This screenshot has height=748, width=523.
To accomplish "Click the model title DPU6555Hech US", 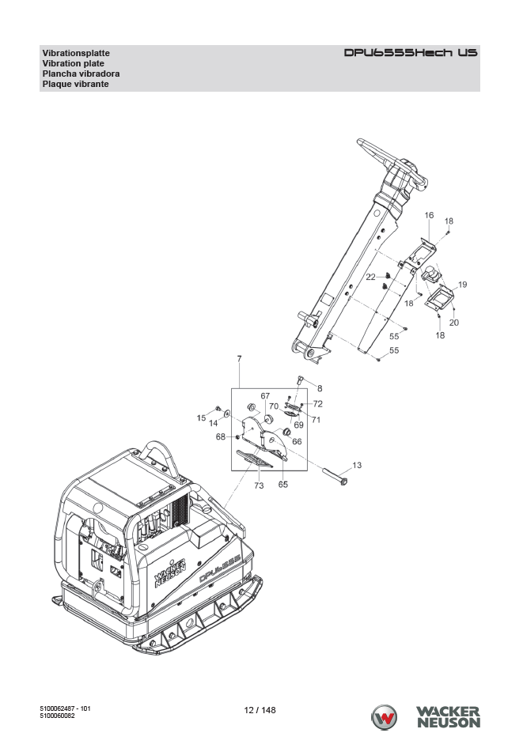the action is (411, 52).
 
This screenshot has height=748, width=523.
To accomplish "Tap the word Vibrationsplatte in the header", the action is (76, 53).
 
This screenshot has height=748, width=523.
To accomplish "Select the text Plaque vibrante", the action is (75, 84).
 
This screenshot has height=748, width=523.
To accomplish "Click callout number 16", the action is (429, 215).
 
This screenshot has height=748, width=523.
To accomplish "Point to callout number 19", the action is (462, 285).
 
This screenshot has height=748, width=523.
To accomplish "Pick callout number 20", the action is (454, 323).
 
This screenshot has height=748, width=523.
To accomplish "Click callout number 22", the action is (371, 277).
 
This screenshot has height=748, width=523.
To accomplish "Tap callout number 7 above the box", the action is (239, 358).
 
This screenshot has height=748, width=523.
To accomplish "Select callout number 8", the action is (320, 388).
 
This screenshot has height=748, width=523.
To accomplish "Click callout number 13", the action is (357, 465).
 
